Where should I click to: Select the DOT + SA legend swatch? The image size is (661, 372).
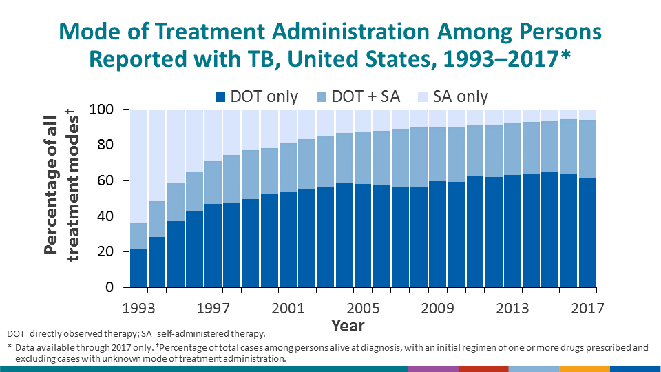coord(322,97)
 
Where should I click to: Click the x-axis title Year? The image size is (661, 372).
coord(348,325)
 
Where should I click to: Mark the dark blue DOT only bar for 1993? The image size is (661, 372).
coord(138,268)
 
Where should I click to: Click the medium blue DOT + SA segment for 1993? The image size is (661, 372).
coord(138,236)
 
